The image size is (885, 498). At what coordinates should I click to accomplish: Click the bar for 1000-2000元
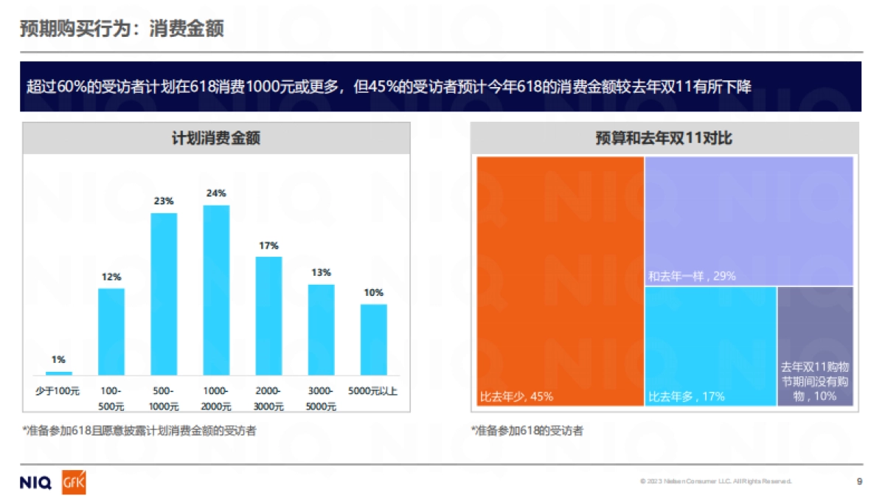(216, 290)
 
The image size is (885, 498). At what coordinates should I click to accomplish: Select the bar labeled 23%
(164, 294)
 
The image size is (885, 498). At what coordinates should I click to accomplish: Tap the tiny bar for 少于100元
(59, 373)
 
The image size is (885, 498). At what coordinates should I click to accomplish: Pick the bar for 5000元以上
(374, 339)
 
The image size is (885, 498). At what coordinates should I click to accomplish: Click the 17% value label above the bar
(268, 246)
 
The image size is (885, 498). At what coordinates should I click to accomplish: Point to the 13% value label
(321, 272)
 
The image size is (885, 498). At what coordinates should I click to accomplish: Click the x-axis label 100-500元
(111, 398)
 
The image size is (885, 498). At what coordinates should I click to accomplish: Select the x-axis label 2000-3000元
(268, 398)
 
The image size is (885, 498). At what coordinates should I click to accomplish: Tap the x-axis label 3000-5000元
(321, 398)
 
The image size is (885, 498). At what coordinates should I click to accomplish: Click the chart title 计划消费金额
(216, 138)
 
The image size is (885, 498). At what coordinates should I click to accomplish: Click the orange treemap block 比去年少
(560, 280)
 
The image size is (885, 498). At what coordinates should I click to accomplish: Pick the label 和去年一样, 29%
(692, 277)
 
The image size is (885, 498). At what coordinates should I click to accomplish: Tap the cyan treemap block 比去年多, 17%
(709, 345)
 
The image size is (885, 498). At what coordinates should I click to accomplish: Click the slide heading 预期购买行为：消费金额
(122, 29)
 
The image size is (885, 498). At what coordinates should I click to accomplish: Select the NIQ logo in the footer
(35, 483)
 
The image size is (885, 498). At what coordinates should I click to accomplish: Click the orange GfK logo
(74, 483)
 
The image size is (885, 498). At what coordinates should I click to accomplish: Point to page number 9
(859, 482)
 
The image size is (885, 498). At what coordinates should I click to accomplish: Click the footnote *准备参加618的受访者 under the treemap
(527, 431)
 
